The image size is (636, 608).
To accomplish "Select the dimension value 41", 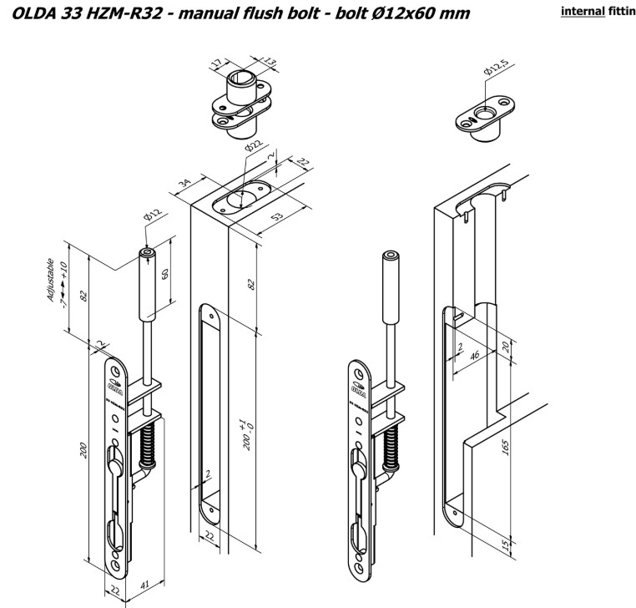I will click(146, 585).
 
